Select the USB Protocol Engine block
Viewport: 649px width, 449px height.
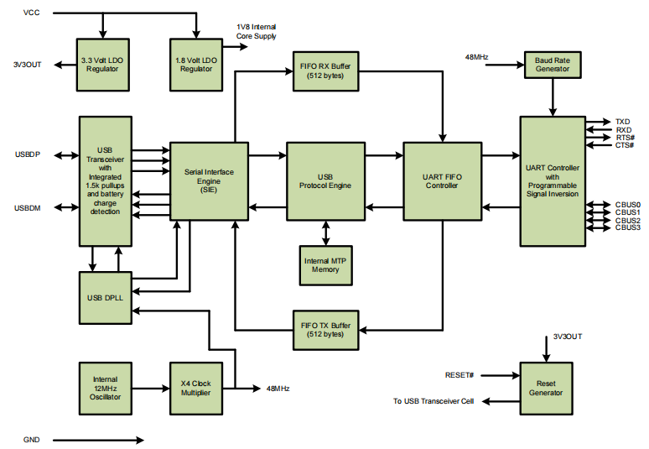[325, 180]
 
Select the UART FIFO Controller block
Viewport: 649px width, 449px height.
[442, 180]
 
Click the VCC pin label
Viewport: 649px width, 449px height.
[31, 13]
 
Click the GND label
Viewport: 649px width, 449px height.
[33, 440]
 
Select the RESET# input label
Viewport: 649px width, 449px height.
[459, 375]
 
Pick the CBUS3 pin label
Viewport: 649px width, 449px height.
[627, 227]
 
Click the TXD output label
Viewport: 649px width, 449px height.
[622, 122]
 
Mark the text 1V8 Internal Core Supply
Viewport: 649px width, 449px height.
[257, 32]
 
